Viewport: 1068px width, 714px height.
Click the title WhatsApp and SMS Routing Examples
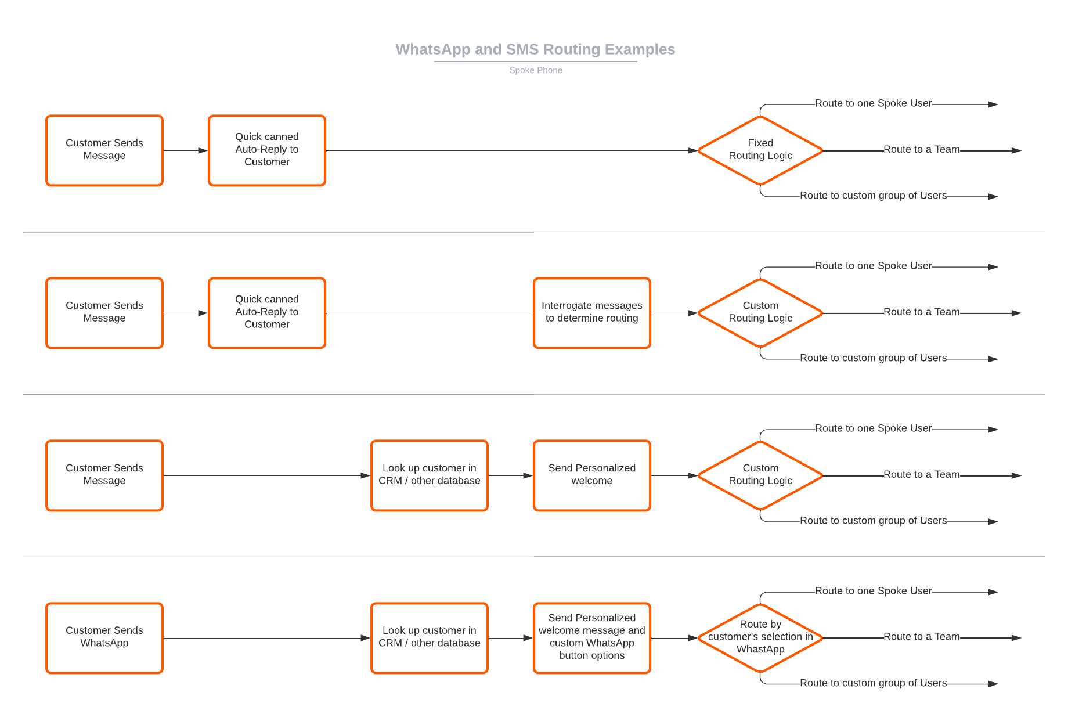(535, 49)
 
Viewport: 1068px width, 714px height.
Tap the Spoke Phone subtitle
(536, 70)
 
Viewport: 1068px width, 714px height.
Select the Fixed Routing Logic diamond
(760, 150)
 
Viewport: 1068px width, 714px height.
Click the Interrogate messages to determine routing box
(592, 313)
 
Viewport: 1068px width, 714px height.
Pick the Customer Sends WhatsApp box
(104, 638)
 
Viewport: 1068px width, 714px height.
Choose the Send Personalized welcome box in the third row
(592, 475)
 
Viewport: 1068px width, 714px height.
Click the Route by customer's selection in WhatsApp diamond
(760, 638)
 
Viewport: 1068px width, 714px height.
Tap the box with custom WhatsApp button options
(592, 638)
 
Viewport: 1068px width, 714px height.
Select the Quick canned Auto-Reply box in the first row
(267, 150)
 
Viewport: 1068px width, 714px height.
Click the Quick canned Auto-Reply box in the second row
(267, 313)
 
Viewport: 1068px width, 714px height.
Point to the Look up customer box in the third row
(430, 475)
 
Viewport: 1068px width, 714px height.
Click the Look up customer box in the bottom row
(430, 638)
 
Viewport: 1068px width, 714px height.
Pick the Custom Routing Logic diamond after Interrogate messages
(760, 313)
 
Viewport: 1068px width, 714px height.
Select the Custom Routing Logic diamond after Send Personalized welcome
(760, 475)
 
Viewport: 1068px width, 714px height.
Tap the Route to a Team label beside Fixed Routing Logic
(922, 149)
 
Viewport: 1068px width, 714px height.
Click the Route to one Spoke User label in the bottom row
(874, 590)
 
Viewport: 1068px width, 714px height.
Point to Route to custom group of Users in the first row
(874, 196)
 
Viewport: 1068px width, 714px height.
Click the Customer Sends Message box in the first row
(104, 150)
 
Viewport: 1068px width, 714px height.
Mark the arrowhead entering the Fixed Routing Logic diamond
(692, 150)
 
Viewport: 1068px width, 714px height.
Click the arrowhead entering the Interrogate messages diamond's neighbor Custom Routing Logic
(692, 313)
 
